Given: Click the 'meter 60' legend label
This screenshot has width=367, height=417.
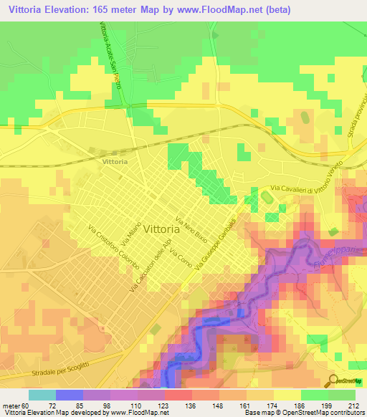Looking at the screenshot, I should click(15, 405).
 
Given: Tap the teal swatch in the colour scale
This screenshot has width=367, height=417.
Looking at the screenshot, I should click(42, 395).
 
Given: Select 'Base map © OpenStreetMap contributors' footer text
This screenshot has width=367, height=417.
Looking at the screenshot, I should click(303, 413).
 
